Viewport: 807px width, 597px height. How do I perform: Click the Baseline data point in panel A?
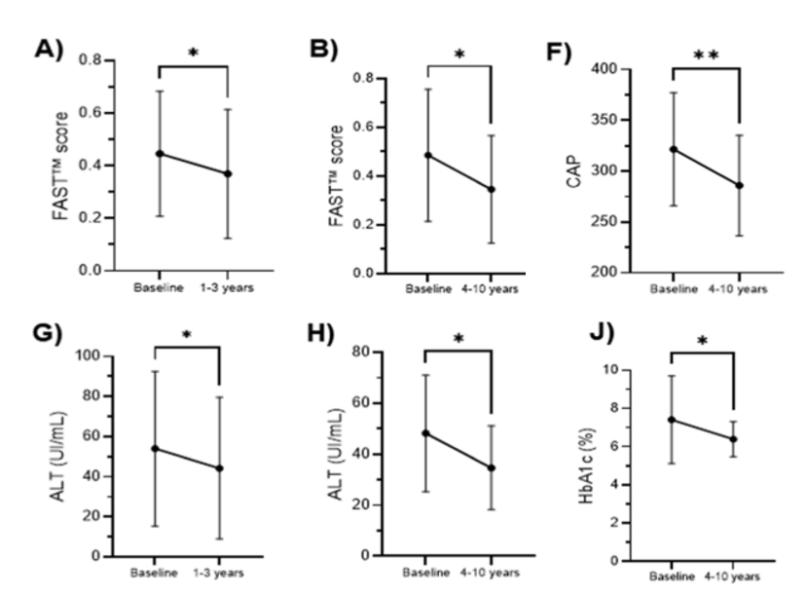click(158, 153)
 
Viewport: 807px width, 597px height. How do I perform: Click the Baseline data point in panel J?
click(673, 420)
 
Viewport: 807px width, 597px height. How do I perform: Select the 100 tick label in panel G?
click(118, 355)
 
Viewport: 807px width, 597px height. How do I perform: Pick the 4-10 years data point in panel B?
click(491, 189)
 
